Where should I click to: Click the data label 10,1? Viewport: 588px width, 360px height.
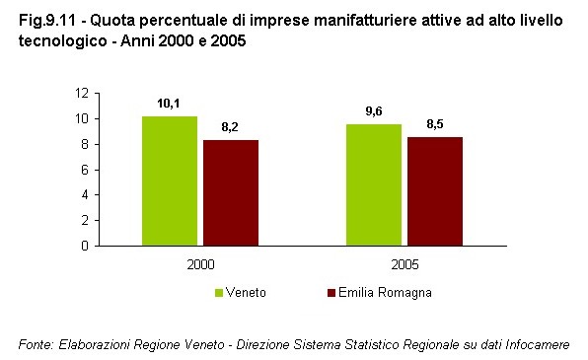[x=169, y=103]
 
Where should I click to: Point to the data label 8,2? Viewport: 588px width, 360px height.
[x=230, y=127]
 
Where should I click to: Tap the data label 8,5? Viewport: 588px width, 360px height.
[x=435, y=123]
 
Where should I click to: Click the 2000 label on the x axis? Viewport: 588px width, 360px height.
[x=200, y=264]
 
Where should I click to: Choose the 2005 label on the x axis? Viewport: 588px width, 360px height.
[x=404, y=264]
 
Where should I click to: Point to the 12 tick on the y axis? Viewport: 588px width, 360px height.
[x=82, y=93]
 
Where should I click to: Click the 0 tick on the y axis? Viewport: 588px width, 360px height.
[x=86, y=246]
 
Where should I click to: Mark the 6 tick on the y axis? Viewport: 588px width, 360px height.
[x=86, y=170]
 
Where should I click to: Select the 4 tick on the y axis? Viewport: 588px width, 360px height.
[x=86, y=195]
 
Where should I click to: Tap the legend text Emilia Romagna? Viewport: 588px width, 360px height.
[x=385, y=293]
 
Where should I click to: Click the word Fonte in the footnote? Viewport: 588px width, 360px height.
[x=36, y=344]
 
